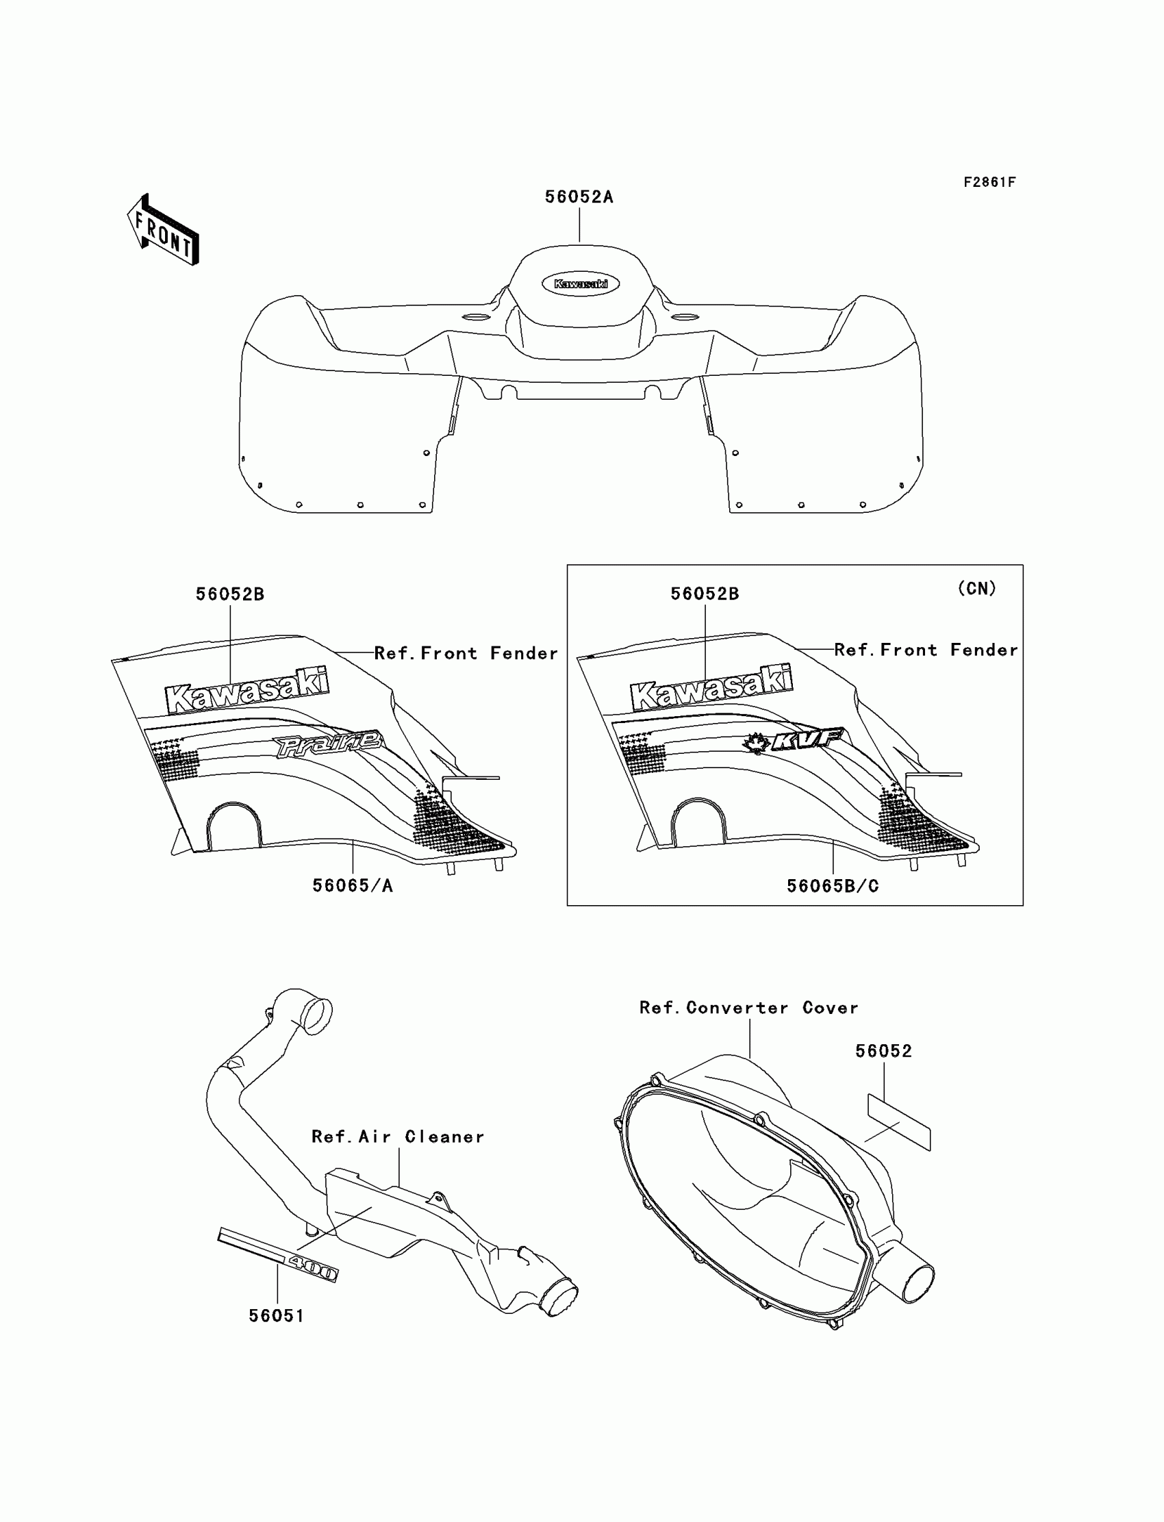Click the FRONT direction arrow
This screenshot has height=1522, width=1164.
164,231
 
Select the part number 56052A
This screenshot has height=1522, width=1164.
579,196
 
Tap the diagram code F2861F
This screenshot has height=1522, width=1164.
989,182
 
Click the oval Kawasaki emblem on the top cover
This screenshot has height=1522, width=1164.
580,283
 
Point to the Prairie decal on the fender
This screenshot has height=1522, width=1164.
329,745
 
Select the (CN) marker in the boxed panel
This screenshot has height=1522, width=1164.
976,588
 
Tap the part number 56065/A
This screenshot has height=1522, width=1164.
352,885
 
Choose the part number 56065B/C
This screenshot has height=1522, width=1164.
832,886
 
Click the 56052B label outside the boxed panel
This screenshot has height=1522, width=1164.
229,594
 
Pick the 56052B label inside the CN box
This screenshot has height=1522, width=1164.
704,594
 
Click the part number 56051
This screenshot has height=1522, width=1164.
277,1315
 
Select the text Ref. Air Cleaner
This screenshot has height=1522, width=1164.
398,1137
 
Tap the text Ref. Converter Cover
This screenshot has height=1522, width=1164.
748,1008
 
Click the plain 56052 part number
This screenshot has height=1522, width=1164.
883,1051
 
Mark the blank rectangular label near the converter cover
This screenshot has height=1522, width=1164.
898,1121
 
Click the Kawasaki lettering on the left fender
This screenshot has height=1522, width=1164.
246,690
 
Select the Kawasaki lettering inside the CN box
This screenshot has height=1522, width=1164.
711,688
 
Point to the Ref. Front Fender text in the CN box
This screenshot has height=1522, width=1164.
926,650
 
